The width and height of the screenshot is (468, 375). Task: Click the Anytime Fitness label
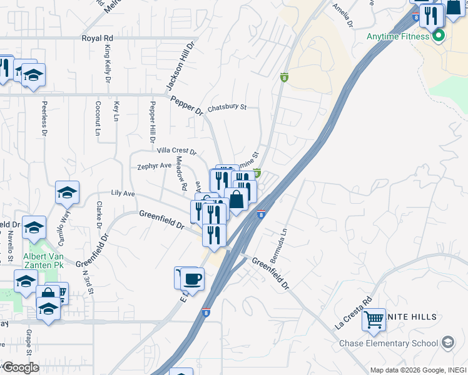coord(398,36)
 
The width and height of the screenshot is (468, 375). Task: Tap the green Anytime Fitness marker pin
coord(439,35)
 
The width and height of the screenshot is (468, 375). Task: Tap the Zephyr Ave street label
coord(155,166)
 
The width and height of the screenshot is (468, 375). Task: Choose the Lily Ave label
coord(123,194)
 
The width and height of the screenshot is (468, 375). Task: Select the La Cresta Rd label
coord(354,313)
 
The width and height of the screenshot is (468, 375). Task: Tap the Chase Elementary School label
coord(389,343)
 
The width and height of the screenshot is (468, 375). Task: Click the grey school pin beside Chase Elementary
coord(447,342)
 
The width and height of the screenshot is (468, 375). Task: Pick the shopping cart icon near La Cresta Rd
coord(374,320)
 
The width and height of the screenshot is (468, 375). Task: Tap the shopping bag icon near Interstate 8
coord(237,200)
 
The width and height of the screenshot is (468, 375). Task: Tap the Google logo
coord(20,367)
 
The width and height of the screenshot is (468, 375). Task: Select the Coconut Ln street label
coord(98,118)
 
